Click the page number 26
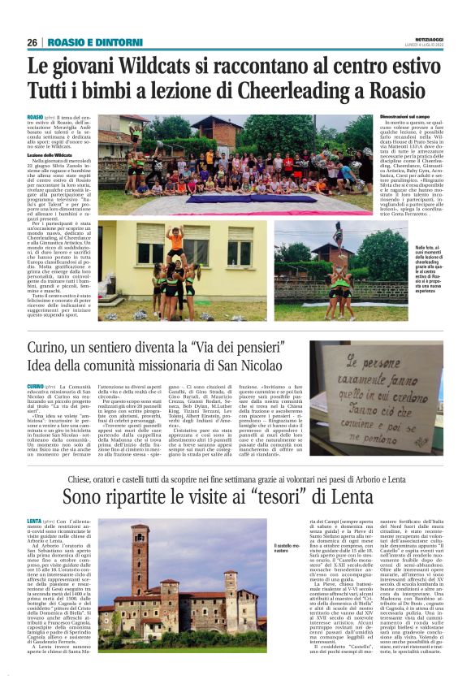pos(32,42)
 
